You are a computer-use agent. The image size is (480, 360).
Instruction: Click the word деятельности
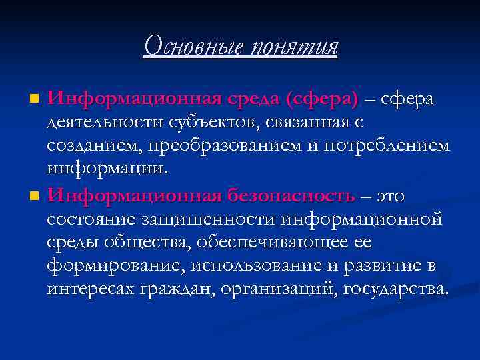point(101,122)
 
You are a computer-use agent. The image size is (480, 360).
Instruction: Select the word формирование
point(115,266)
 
